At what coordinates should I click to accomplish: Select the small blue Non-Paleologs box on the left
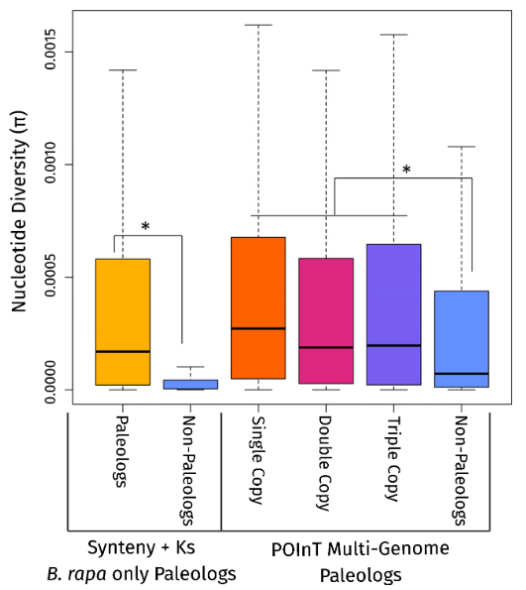[190, 384]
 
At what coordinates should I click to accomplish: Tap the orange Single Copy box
[258, 307]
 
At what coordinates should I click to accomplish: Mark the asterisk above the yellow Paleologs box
[146, 228]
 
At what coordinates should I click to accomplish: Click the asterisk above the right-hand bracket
[405, 171]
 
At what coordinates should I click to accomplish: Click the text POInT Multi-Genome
[374, 547]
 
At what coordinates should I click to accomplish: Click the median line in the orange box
[258, 328]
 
